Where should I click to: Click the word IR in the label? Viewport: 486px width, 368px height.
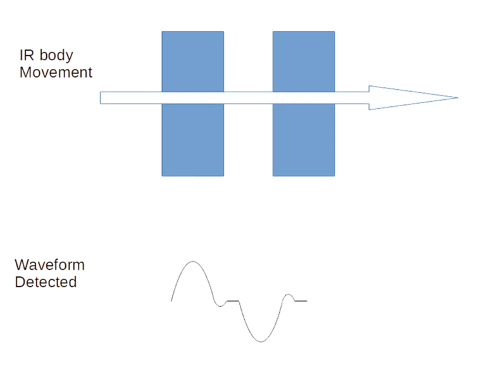tap(27, 56)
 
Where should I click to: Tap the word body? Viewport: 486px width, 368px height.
tap(56, 56)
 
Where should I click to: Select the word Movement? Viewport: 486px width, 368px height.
tap(56, 73)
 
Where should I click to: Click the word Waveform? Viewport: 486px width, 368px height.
tap(49, 265)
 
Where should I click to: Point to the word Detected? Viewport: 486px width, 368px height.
tap(46, 282)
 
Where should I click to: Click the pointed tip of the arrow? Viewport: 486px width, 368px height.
tap(458, 97)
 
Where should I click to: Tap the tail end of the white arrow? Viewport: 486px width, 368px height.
tap(101, 98)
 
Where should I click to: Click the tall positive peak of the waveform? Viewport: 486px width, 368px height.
tap(193, 261)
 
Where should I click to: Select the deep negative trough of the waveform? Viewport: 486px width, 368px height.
tap(261, 341)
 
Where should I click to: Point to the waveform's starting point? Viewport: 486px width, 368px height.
tap(171, 300)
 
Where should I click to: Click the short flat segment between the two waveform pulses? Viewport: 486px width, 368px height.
tap(233, 301)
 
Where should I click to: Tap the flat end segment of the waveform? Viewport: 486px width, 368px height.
tap(301, 301)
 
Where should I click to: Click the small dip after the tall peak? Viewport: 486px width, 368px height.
tap(220, 306)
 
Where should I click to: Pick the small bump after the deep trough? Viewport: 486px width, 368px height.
tap(289, 295)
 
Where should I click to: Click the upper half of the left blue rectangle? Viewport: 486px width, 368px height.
tap(193, 61)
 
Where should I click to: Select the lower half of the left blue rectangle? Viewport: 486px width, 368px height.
tap(193, 140)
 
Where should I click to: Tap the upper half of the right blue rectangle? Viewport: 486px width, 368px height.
tap(304, 61)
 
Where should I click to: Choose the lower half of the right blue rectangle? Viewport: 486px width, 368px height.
tap(304, 140)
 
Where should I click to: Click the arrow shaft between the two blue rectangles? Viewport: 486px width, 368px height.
tap(248, 98)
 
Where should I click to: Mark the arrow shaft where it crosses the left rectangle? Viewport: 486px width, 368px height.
tap(193, 98)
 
